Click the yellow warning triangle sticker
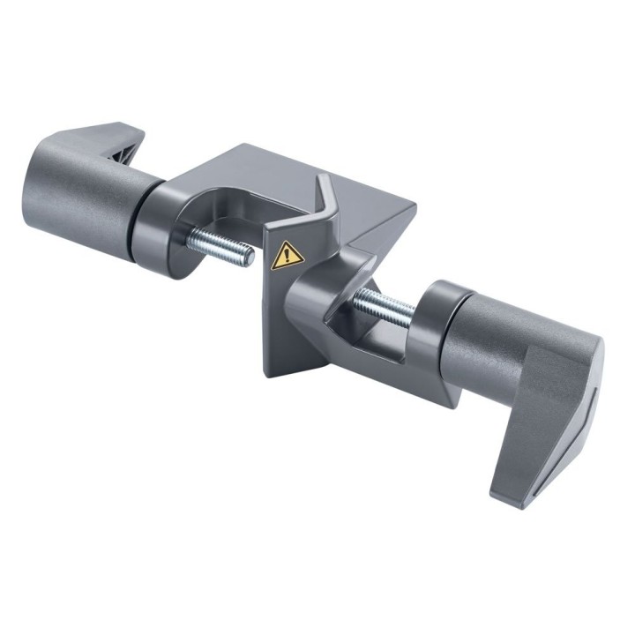click(x=288, y=255)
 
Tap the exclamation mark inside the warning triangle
click(x=288, y=256)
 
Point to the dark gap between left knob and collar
click(x=133, y=220)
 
